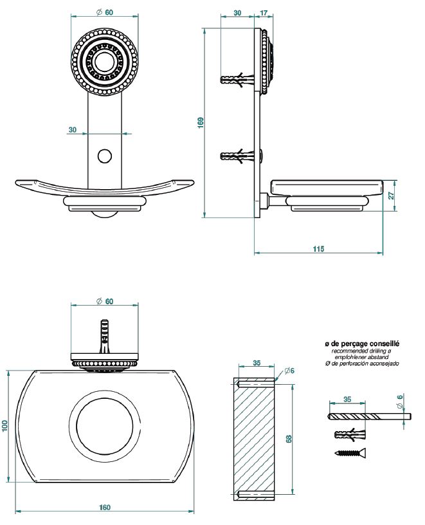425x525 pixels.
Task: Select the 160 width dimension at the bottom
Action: pyautogui.click(x=104, y=508)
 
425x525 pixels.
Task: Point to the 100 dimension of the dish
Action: pyautogui.click(x=5, y=425)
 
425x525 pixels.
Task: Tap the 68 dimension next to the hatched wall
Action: pyautogui.click(x=289, y=438)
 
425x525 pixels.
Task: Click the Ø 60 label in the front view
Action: pyautogui.click(x=104, y=12)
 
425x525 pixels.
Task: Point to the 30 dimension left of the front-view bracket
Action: pyautogui.click(x=73, y=129)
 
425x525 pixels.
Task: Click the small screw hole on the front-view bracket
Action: pyautogui.click(x=104, y=155)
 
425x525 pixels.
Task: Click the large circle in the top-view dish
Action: pyautogui.click(x=105, y=426)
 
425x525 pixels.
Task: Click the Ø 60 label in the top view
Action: pyautogui.click(x=104, y=301)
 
